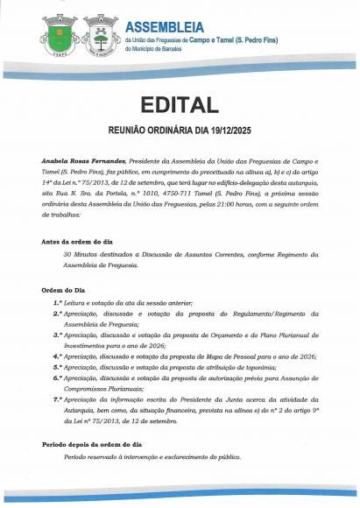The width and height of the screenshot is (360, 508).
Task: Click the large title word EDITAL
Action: click(180, 106)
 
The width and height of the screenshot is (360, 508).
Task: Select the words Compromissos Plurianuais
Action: click(96, 388)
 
